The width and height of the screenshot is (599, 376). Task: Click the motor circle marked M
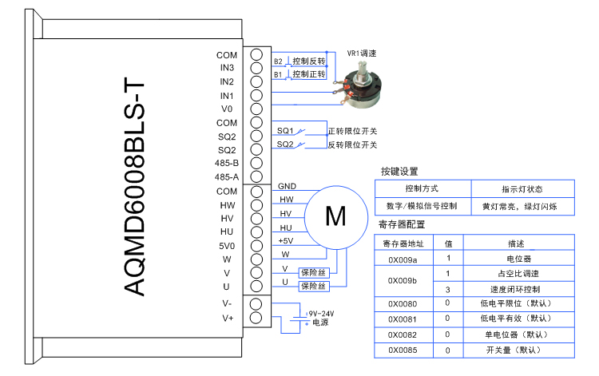[x=335, y=217]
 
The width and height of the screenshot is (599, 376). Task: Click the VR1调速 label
[x=361, y=53]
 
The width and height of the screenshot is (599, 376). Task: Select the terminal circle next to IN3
[x=256, y=68]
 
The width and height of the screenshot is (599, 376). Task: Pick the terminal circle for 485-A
[x=256, y=176]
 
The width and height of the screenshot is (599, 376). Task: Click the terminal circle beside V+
[x=256, y=318]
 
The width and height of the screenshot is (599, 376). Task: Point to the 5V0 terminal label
[x=227, y=245]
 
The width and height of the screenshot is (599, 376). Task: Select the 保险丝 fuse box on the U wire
[x=313, y=286]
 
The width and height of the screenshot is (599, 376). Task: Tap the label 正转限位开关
[x=352, y=131]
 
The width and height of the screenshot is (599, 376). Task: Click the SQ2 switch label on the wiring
[x=285, y=144]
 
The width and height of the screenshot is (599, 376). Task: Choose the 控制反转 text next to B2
[x=309, y=61]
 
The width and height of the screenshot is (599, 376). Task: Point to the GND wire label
[x=287, y=186]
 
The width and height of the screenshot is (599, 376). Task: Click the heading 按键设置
[x=400, y=172]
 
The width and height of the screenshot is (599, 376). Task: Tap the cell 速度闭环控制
[x=514, y=289]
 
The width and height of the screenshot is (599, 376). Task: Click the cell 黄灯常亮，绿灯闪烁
[x=525, y=207]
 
